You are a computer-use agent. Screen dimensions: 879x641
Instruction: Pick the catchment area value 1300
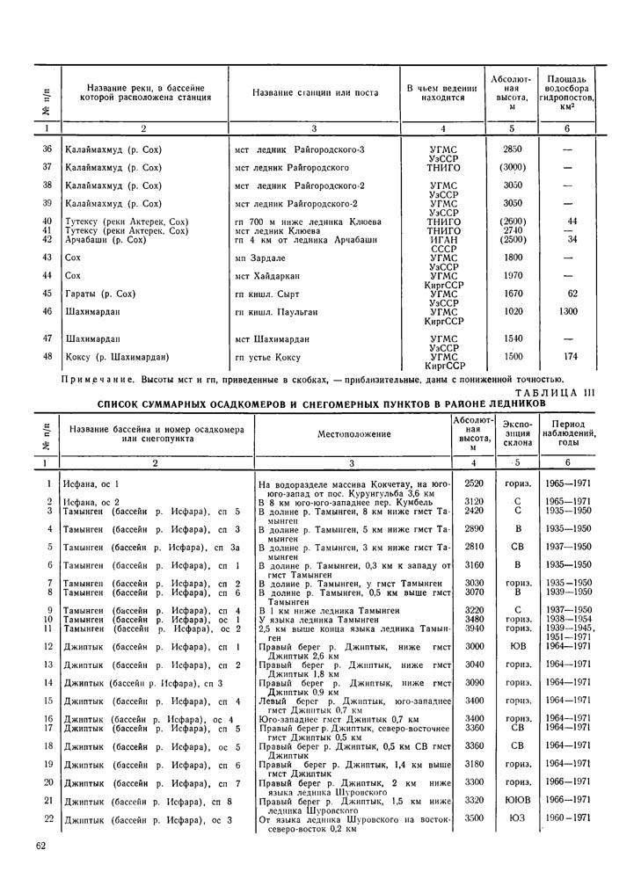coord(567,311)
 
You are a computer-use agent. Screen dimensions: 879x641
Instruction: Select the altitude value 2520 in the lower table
coord(474,483)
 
